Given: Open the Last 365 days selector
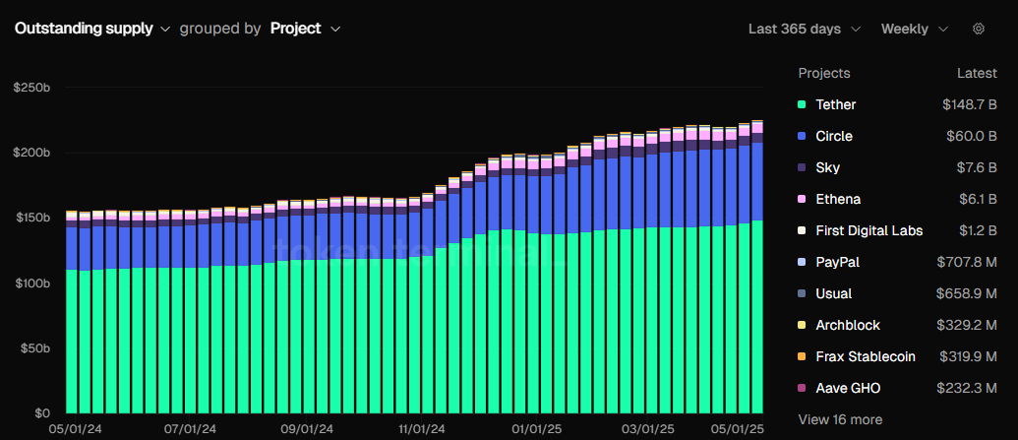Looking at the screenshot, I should [x=804, y=29].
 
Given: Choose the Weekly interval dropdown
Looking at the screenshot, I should [x=914, y=29].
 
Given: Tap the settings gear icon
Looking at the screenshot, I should [x=978, y=29].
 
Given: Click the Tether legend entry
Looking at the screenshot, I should [x=835, y=104].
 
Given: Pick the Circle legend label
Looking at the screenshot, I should [x=834, y=136].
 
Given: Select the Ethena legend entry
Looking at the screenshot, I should [x=838, y=199].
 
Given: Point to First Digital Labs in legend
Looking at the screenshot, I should [x=868, y=230].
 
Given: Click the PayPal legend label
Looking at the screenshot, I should [x=837, y=262].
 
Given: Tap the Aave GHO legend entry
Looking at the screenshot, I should [x=847, y=388].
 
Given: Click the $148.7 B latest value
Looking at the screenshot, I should [x=969, y=104].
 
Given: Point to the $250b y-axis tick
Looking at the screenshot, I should [x=31, y=88].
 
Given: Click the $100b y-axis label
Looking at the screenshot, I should [x=31, y=283].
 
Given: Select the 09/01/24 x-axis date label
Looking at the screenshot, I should [x=306, y=429].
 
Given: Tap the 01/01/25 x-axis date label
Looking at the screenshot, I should [x=537, y=429].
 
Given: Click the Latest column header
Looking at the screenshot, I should [x=977, y=73].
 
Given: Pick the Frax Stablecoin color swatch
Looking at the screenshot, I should [x=803, y=356].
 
